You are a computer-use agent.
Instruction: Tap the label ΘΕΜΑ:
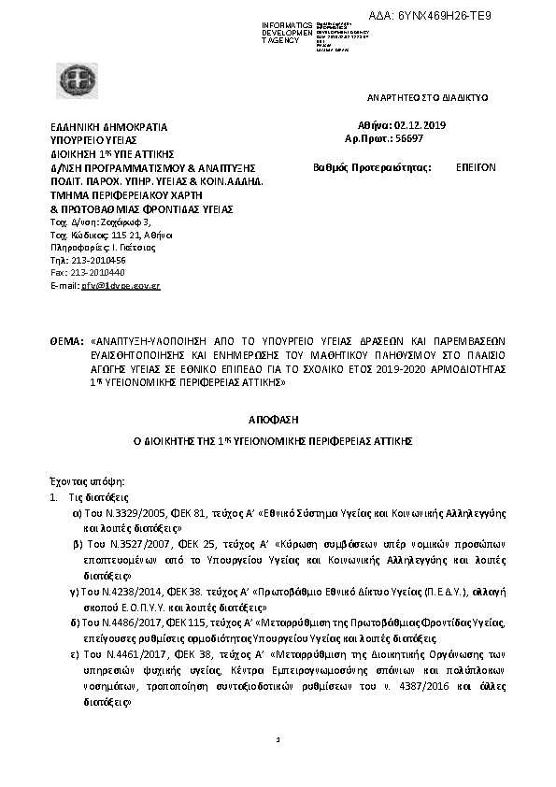point(67,343)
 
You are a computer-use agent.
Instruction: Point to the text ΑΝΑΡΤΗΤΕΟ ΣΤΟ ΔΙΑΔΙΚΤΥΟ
point(425,97)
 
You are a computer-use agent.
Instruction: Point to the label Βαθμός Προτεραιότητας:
point(371,168)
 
